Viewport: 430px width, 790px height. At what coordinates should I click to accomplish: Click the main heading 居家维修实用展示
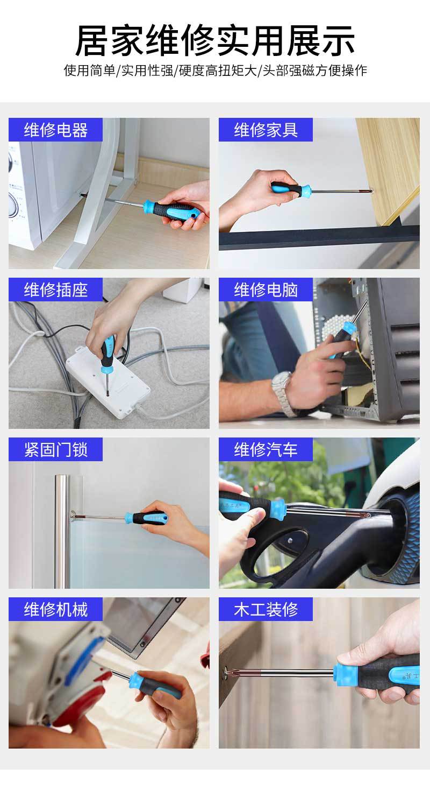click(x=215, y=40)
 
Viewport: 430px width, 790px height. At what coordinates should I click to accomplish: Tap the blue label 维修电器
click(x=56, y=130)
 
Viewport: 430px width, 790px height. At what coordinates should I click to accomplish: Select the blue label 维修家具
click(x=266, y=130)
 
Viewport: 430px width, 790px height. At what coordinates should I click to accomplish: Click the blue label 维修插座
click(x=56, y=290)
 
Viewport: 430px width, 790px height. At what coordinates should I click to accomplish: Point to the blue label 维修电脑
click(x=266, y=290)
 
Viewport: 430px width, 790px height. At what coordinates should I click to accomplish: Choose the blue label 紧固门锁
click(x=56, y=449)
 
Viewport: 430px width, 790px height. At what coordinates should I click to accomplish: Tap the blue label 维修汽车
click(x=266, y=449)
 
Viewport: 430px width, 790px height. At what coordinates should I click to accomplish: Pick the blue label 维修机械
click(x=56, y=609)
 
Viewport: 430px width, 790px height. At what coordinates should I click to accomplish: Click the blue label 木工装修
click(x=266, y=609)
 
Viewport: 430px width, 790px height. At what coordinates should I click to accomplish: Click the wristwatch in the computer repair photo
click(x=283, y=393)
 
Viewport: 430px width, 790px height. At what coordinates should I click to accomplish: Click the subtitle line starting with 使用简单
click(x=215, y=70)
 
